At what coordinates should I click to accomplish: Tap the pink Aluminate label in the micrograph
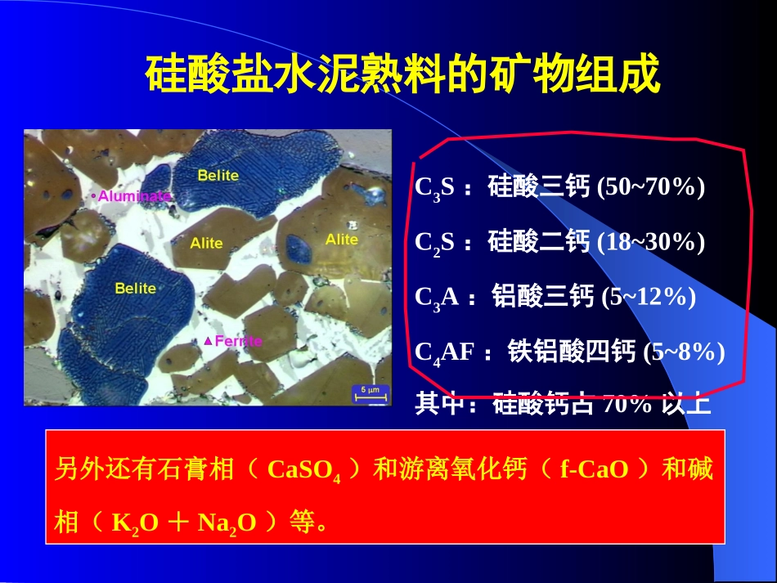click(133, 196)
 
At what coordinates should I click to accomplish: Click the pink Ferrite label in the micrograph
click(236, 341)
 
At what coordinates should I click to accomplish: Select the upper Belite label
click(218, 175)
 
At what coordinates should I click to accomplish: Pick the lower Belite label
click(135, 288)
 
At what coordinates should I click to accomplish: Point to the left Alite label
click(206, 243)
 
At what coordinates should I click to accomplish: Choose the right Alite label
click(341, 239)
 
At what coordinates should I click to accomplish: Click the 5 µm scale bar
click(370, 392)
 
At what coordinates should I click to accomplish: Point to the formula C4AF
click(445, 352)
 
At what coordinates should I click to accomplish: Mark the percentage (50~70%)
click(650, 187)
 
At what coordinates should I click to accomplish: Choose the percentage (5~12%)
click(648, 297)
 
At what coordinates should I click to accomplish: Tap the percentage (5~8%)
click(684, 352)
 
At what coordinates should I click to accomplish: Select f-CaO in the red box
click(594, 470)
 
